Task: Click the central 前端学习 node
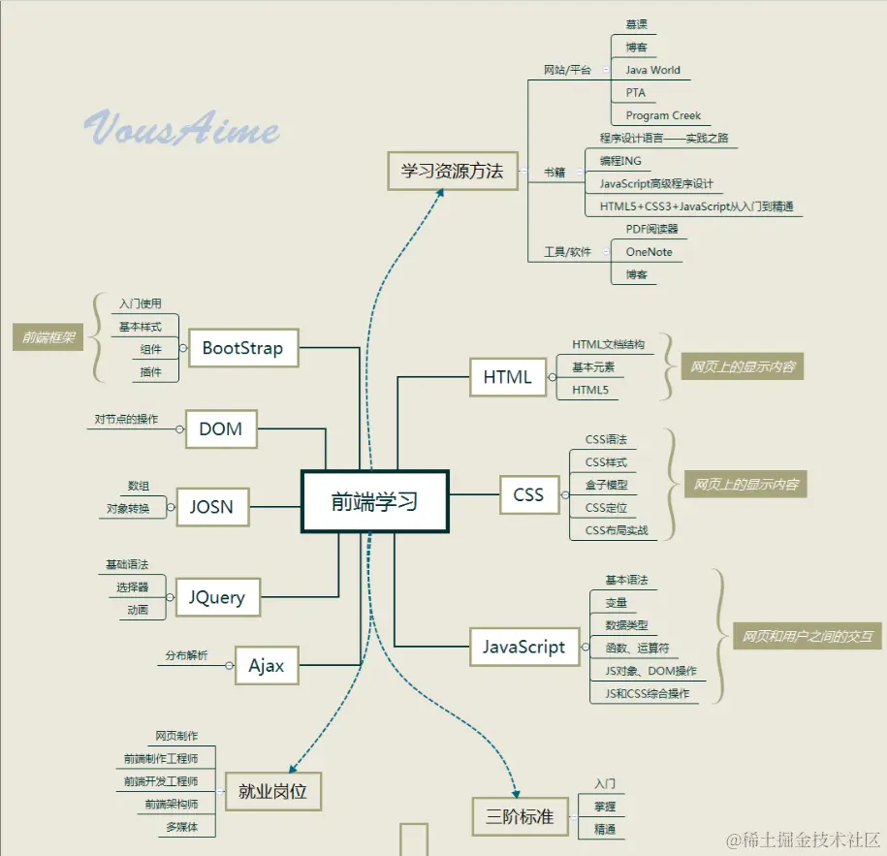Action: (374, 501)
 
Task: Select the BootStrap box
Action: (242, 348)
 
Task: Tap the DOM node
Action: (220, 428)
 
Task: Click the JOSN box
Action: (211, 506)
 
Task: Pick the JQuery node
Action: (217, 597)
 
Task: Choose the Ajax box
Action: (266, 666)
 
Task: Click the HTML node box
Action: (507, 377)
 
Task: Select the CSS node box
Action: (528, 494)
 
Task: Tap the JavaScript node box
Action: (523, 648)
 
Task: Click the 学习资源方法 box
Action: (452, 171)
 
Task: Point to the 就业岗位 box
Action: (272, 791)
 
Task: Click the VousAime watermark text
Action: (182, 129)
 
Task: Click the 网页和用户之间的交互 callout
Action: (807, 637)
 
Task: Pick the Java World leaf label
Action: (652, 70)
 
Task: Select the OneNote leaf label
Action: (649, 252)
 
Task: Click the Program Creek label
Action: (663, 115)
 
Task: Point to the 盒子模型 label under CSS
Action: (607, 485)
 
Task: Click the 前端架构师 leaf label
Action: (172, 804)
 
